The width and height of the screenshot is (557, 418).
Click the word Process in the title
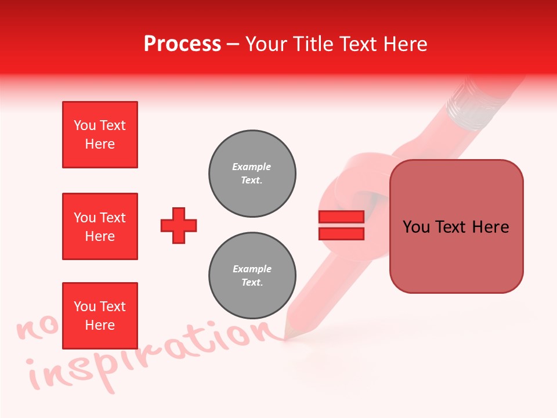182,44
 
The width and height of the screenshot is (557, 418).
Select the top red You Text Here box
100,135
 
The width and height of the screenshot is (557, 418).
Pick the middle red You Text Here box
100,226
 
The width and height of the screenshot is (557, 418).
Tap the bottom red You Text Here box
100,316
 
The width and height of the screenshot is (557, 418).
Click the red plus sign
179,225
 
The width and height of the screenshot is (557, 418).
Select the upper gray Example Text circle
252,174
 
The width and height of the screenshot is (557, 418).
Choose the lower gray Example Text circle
252,276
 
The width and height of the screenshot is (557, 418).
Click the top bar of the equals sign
341,217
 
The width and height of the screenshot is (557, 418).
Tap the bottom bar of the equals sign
341,233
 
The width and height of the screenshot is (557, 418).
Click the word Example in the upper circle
252,167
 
